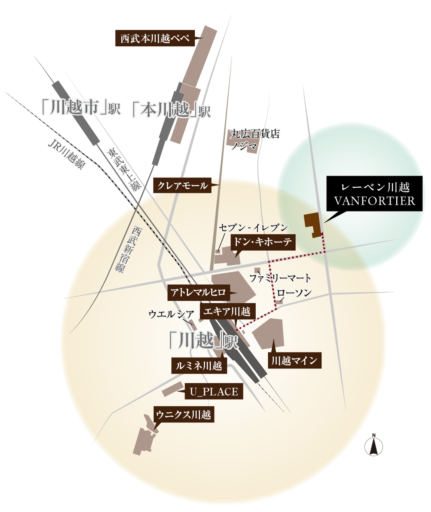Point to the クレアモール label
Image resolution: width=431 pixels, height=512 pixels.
(182, 186)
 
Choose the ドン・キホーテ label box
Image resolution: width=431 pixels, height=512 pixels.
(263, 242)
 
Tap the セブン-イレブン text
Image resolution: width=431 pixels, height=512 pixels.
(253, 228)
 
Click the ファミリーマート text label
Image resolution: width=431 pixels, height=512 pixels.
(280, 278)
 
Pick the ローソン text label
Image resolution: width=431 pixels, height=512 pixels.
(294, 293)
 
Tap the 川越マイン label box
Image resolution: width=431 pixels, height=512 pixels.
(295, 360)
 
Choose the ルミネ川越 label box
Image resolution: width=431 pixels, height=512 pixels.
(199, 366)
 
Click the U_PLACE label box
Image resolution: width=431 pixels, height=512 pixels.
(214, 392)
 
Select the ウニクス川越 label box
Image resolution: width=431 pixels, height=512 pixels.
(184, 415)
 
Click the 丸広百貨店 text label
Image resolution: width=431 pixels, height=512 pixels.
(255, 134)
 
